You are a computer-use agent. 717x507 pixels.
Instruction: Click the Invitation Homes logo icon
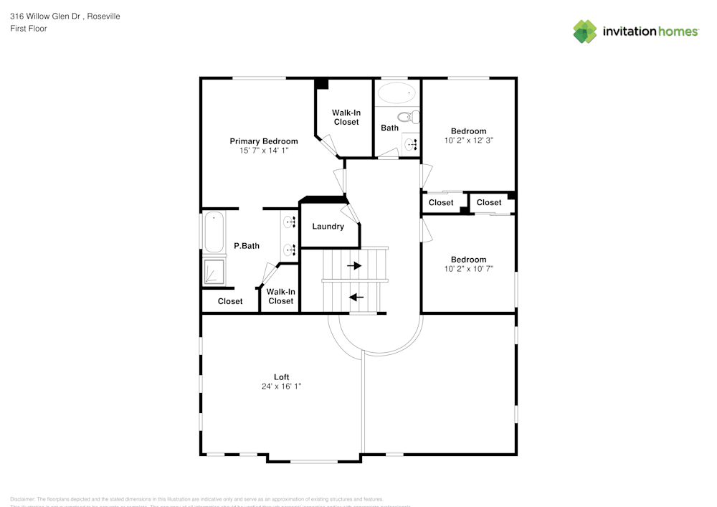[x=585, y=32]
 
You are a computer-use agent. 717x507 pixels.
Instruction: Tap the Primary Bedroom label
[x=263, y=141]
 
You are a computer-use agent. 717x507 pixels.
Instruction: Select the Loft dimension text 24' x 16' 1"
[x=281, y=387]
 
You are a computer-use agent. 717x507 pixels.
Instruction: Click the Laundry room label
[x=328, y=227]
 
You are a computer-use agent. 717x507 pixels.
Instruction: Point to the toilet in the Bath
[x=407, y=117]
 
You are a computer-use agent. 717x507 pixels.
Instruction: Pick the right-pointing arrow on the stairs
[x=354, y=265]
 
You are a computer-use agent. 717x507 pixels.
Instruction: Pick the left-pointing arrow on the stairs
[x=356, y=297]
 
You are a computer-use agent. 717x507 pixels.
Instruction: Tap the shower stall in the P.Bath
[x=214, y=272]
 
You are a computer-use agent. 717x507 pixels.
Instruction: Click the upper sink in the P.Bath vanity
[x=289, y=222]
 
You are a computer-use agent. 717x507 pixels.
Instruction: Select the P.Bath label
[x=247, y=246]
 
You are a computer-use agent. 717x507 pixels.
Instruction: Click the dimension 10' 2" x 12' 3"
[x=468, y=141]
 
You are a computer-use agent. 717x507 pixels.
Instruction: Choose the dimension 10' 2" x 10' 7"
[x=468, y=269]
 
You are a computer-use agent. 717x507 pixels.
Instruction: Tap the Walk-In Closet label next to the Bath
[x=346, y=118]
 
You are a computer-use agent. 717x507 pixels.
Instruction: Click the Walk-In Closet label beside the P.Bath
[x=280, y=296]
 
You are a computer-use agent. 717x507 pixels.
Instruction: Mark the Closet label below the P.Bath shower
[x=230, y=302]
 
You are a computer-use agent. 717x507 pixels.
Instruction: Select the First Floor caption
[x=29, y=29]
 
